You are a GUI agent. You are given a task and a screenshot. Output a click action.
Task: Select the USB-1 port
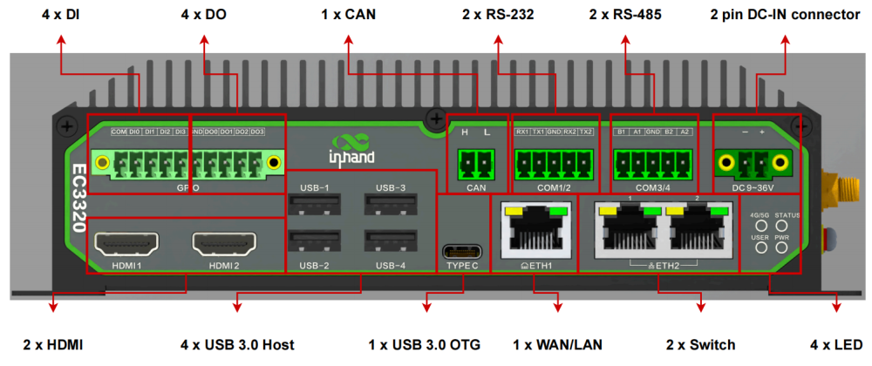[314, 204]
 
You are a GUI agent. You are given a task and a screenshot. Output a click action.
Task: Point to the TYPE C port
[462, 250]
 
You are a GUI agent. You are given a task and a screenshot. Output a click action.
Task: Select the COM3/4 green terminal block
[652, 162]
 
